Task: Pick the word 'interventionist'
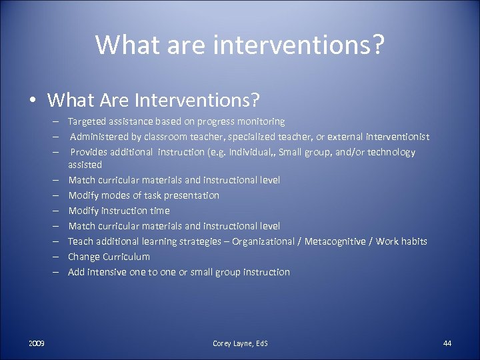click(396, 137)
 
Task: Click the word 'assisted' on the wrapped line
click(85, 164)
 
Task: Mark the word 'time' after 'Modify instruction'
click(160, 211)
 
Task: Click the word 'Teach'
click(80, 241)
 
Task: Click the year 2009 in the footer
click(37, 343)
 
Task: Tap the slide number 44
click(447, 343)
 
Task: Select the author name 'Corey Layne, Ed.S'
click(240, 343)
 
